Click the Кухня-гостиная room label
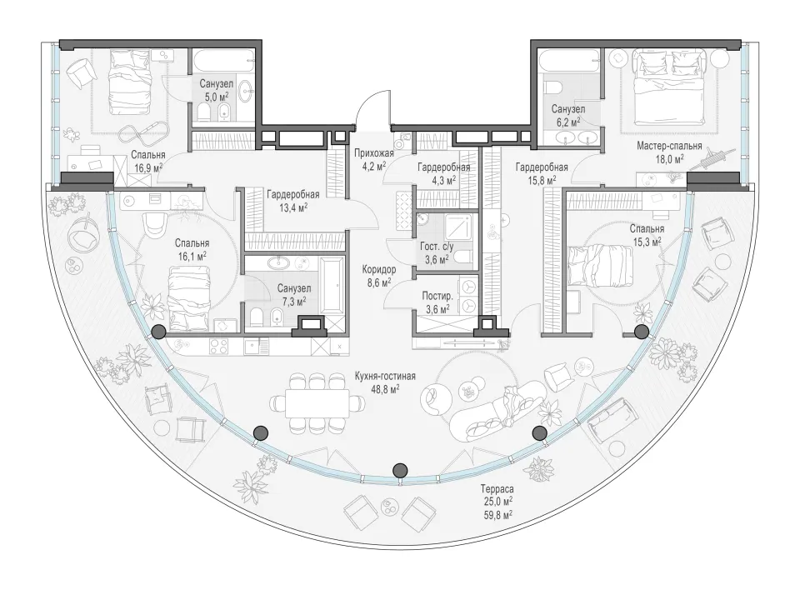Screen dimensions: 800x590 point(385,377)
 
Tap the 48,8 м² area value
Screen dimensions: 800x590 point(385,388)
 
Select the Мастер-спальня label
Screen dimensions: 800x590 point(669,147)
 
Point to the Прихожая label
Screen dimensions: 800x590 point(374,152)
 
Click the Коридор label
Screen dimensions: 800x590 point(379,269)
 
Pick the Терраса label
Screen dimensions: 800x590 point(497,489)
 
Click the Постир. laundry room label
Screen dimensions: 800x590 point(437,297)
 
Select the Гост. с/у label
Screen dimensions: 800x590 point(437,247)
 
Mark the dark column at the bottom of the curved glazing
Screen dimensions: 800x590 point(401,470)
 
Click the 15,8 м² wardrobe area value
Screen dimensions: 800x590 point(542,179)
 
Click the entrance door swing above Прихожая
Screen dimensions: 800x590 point(373,108)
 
